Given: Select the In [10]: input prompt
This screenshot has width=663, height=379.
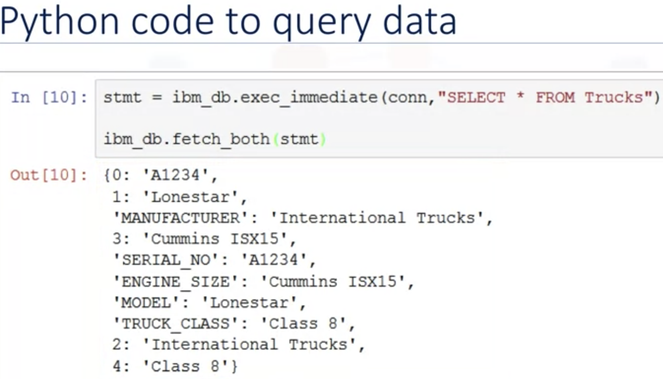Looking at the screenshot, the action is (x=49, y=97).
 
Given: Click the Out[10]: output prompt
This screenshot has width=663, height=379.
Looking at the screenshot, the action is (x=48, y=175).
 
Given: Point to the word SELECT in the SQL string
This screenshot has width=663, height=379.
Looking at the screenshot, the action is (x=475, y=97).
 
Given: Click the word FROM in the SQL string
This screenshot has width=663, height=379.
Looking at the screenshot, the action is (x=555, y=97).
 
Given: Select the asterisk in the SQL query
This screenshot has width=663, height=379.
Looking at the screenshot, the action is (x=520, y=97).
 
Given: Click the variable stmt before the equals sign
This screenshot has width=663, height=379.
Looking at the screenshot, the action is (x=122, y=97).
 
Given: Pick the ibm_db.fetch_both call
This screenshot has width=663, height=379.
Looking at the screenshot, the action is (x=186, y=139).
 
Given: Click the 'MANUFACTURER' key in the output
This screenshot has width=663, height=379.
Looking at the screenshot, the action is (x=181, y=218).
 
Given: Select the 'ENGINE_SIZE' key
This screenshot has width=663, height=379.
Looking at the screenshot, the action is (x=176, y=282).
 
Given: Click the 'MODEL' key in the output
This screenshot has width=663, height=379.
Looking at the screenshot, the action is (x=147, y=303).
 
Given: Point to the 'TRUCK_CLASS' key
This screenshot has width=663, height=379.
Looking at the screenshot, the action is (x=176, y=324).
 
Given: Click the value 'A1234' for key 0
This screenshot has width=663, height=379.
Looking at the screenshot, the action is (x=175, y=175).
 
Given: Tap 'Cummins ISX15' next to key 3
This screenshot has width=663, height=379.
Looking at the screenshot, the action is (x=214, y=239).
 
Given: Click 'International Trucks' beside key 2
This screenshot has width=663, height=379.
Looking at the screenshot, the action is (x=249, y=345).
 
